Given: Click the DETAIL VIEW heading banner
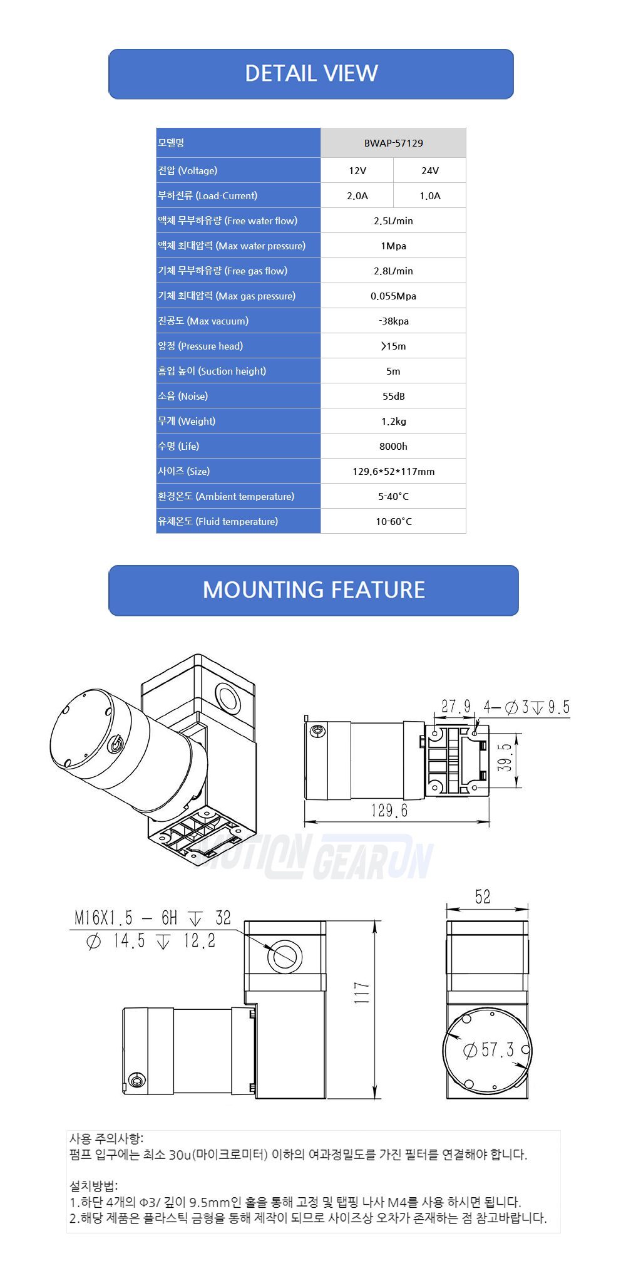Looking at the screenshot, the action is (x=311, y=73).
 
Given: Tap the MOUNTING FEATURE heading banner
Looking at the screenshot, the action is (x=314, y=590).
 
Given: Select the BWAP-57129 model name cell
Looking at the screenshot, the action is (x=393, y=143).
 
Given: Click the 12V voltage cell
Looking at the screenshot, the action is (x=357, y=170).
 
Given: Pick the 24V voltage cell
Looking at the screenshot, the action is (x=430, y=170).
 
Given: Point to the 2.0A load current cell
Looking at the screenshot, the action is (x=357, y=195).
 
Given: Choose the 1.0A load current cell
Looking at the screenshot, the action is (x=430, y=195).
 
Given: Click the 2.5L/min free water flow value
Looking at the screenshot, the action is (x=393, y=221).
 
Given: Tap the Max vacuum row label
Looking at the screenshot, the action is (x=203, y=321).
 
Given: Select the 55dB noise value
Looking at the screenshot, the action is (x=393, y=396).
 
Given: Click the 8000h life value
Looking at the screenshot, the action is (x=393, y=446).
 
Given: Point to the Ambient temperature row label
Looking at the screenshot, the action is (x=226, y=496).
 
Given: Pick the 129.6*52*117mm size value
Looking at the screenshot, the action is (x=393, y=471).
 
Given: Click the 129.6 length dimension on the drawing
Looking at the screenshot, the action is (x=389, y=811).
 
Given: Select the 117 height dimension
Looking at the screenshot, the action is (x=362, y=994).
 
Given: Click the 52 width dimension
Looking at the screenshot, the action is (x=483, y=896).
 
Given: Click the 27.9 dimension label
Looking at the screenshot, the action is (x=456, y=706).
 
